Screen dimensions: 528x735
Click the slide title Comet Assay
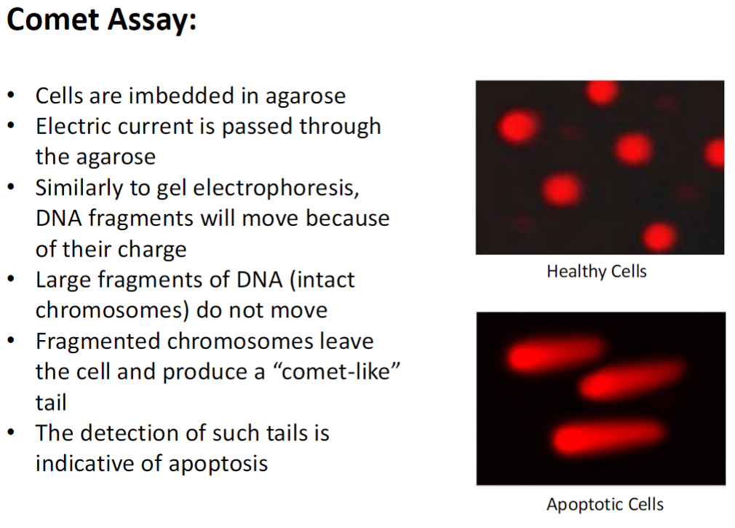(x=102, y=20)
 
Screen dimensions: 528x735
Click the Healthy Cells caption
(x=596, y=272)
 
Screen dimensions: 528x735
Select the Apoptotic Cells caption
(x=605, y=504)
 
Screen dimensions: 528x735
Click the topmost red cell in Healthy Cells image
(x=602, y=92)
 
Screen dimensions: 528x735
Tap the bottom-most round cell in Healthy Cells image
(x=659, y=236)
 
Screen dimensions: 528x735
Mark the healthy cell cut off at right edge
(x=716, y=153)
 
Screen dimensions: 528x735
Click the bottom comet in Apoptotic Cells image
(x=604, y=438)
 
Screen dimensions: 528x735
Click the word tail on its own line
(x=51, y=402)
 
